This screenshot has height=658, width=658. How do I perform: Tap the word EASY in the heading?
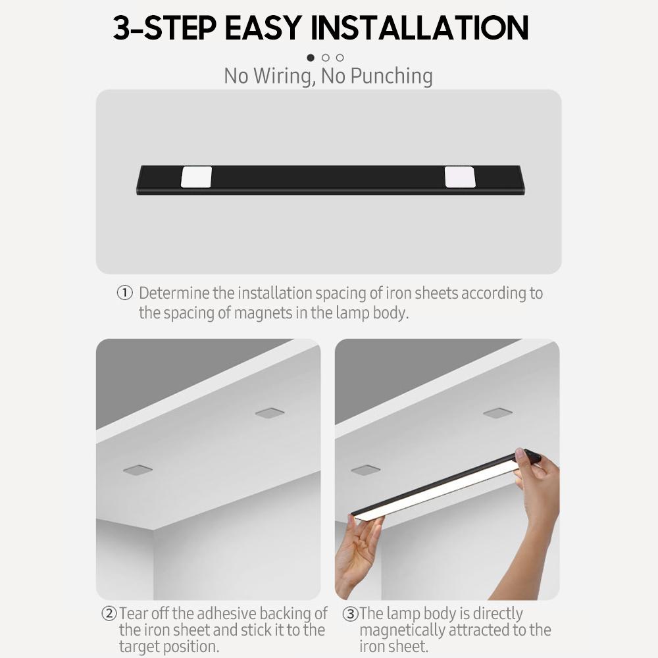tap(264, 28)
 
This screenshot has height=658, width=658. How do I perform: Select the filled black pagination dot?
tap(311, 57)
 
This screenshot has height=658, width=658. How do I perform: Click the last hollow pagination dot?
tap(340, 57)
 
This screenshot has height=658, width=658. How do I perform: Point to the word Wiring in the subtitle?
tap(284, 77)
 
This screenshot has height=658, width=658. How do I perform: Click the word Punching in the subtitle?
tap(391, 77)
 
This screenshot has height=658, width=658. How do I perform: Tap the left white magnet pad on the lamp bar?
tap(196, 176)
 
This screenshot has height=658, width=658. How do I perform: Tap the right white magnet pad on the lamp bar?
tap(460, 176)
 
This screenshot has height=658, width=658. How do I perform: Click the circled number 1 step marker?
tap(124, 293)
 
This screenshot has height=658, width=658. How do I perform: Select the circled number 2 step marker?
tap(109, 613)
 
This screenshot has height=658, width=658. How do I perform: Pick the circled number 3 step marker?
tap(350, 614)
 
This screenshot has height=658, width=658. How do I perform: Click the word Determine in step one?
tap(174, 293)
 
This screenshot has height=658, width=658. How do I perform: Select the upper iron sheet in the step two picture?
tap(270, 413)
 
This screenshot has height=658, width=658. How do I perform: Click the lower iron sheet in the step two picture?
tap(138, 470)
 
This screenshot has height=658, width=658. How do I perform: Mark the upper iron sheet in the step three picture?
tap(497, 413)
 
